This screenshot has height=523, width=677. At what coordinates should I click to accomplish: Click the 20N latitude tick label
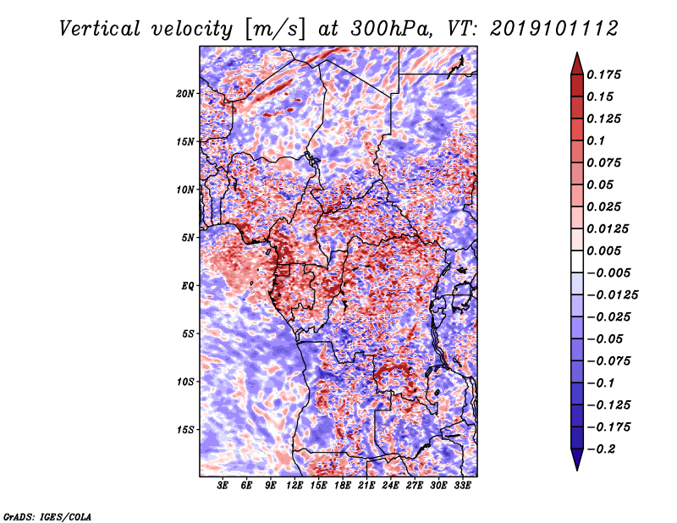pos(185,94)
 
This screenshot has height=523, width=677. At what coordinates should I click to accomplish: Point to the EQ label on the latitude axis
pos(187,286)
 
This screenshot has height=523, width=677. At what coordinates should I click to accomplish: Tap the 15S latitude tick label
pos(185,430)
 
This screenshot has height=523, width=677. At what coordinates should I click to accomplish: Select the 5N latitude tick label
pos(188,238)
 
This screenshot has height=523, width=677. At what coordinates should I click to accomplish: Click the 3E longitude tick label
pos(223,486)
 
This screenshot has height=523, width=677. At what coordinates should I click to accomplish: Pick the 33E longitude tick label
pos(462,486)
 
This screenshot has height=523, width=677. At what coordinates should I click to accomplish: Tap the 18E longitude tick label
pos(343,486)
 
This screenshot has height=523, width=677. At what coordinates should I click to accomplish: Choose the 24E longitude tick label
pos(390,486)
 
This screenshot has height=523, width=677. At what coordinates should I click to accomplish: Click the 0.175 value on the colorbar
pos(603,74)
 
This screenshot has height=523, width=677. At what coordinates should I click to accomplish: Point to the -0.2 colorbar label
pos(601,449)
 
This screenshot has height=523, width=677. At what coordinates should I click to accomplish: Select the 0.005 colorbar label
pos(603,250)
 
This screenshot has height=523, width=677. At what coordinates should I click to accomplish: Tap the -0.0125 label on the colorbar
pos(612,295)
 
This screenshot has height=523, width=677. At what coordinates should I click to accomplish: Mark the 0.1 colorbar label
pos(596,140)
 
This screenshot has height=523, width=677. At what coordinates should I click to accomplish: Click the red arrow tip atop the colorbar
pos(577,52)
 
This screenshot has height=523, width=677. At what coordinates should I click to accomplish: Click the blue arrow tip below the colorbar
pos(577,470)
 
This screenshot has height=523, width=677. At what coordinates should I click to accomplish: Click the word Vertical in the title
pos(100,29)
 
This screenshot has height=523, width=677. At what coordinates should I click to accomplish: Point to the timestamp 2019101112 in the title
pos(554,29)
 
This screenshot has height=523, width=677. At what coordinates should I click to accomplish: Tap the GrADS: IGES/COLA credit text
pos(47,516)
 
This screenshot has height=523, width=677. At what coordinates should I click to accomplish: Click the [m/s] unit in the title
pos(275,30)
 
